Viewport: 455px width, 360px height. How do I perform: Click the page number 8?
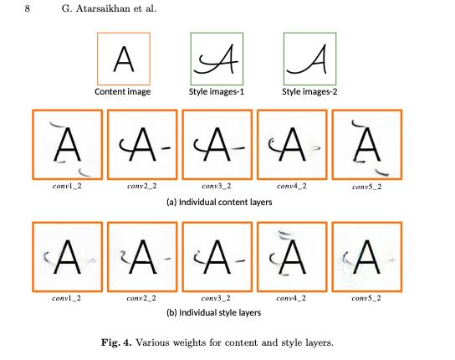(x=27, y=8)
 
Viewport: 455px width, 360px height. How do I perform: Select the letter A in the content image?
(x=124, y=59)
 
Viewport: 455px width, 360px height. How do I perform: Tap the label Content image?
(x=123, y=92)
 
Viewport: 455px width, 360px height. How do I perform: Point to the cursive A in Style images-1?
(x=216, y=59)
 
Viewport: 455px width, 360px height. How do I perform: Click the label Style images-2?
(x=309, y=92)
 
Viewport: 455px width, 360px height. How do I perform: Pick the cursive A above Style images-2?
(x=307, y=59)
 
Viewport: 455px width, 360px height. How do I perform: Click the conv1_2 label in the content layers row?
(x=67, y=186)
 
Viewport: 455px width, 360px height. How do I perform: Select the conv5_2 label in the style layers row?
(x=366, y=298)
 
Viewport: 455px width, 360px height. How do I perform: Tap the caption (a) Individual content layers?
(x=219, y=203)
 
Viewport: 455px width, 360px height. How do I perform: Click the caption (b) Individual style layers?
(x=214, y=312)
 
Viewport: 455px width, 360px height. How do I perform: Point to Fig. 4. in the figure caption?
(x=116, y=342)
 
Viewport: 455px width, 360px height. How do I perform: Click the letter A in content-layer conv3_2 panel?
(x=217, y=144)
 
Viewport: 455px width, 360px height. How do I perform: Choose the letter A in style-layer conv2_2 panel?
(x=142, y=257)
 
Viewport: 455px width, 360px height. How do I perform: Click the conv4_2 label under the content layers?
(x=292, y=186)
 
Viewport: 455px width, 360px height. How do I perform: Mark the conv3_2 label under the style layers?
(x=216, y=298)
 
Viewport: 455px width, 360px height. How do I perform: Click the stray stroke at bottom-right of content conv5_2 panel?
(x=381, y=172)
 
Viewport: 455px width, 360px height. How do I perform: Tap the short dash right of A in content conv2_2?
(x=166, y=148)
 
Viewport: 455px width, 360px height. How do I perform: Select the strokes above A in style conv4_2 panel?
(x=284, y=234)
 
